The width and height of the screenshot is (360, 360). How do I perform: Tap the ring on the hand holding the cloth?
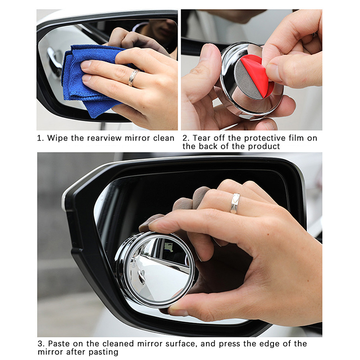pyautogui.click(x=134, y=77)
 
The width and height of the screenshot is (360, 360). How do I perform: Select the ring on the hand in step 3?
pyautogui.click(x=235, y=203)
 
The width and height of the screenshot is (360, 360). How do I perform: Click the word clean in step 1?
pyautogui.click(x=164, y=138)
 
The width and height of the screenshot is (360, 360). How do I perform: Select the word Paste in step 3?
pyautogui.click(x=59, y=344)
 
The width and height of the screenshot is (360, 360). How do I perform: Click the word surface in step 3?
pyautogui.click(x=181, y=344)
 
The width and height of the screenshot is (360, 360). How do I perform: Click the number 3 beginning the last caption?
pyautogui.click(x=40, y=344)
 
